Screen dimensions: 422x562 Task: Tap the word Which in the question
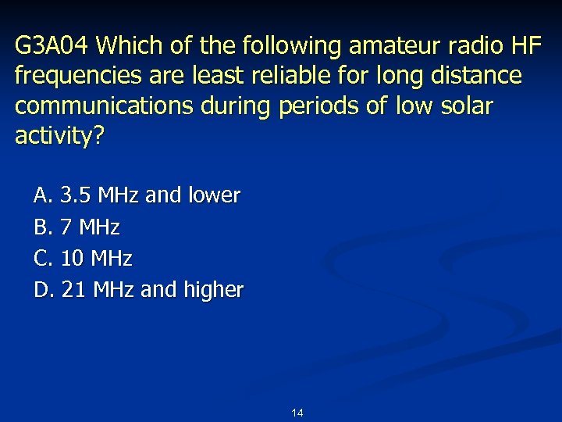coord(127,47)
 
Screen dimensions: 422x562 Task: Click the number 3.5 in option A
coord(74,195)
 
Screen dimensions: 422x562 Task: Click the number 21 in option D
coord(73,290)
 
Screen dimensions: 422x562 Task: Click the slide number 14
coord(297,413)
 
